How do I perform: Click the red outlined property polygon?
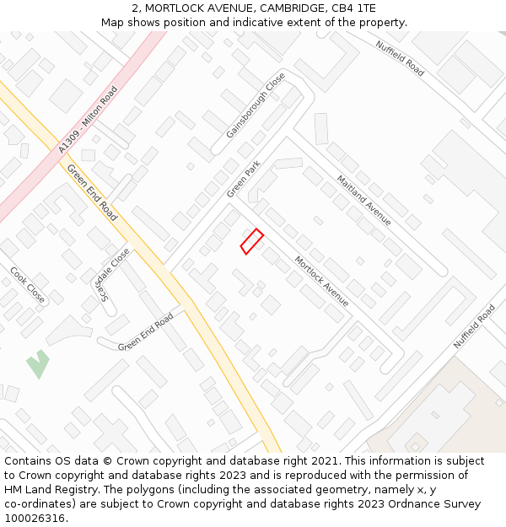[252, 241]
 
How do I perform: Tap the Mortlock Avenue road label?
[321, 281]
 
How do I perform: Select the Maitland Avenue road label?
[363, 200]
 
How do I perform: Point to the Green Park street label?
[244, 180]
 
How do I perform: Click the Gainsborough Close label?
[256, 105]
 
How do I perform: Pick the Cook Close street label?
[27, 284]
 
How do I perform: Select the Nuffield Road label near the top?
[400, 58]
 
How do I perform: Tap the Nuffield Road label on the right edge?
[474, 326]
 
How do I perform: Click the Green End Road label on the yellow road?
[92, 192]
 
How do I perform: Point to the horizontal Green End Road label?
[146, 332]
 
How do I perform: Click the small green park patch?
[37, 364]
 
